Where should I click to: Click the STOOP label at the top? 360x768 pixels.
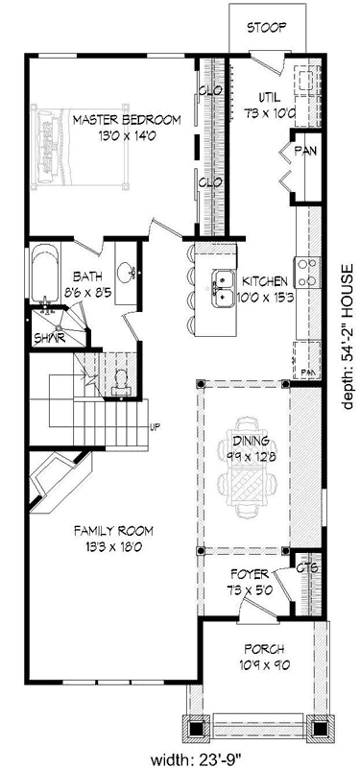[266, 27]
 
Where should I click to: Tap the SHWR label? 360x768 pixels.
[48, 338]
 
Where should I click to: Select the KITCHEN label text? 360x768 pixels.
[265, 281]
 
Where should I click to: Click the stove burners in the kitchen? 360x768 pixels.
[309, 271]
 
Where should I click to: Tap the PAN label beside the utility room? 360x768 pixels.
[306, 151]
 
